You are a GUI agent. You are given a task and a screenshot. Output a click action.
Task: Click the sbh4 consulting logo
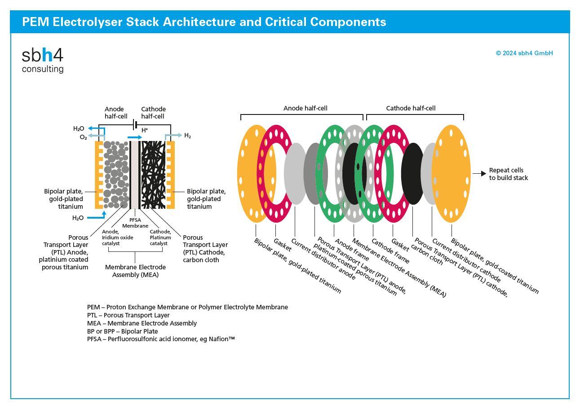click(43, 60)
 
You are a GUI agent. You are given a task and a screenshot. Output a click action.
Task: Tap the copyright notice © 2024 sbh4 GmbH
click(524, 53)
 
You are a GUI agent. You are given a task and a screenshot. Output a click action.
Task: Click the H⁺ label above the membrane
click(145, 130)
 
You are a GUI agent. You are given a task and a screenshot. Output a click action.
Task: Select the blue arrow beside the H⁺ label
click(135, 137)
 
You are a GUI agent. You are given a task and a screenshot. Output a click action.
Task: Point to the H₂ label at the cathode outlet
click(187, 135)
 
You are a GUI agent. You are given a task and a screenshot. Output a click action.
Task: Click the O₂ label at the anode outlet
click(83, 137)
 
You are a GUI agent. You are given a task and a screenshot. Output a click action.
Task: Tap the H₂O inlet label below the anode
click(78, 218)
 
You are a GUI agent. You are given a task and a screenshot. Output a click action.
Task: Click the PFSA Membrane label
click(135, 223)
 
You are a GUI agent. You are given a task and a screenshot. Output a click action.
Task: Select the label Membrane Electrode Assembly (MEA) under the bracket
click(135, 271)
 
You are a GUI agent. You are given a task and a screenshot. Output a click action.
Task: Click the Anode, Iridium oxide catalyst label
click(117, 237)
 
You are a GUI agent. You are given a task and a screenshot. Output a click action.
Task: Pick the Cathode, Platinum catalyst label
click(160, 237)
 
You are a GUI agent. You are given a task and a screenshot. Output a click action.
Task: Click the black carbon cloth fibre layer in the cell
click(153, 175)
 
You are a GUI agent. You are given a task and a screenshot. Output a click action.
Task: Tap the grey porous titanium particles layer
click(116, 175)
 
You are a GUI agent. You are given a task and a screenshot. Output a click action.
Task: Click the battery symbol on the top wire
click(135, 125)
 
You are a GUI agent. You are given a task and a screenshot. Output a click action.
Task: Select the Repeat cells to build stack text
click(508, 174)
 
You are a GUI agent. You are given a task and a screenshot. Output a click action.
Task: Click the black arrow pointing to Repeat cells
click(479, 174)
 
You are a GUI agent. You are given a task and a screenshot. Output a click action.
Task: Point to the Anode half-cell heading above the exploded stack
click(305, 108)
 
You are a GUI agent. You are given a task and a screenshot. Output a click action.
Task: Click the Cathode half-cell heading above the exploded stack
click(411, 108)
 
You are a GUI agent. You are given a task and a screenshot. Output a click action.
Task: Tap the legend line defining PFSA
click(161, 339)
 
